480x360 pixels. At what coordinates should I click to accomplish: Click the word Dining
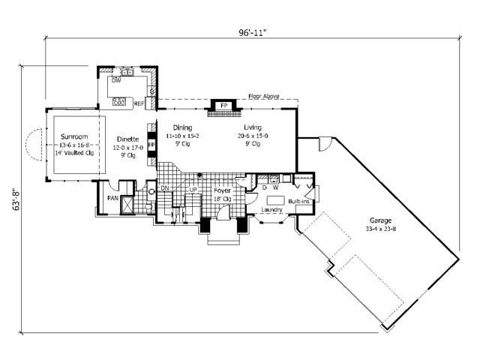point(182,127)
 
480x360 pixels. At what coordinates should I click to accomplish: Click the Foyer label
point(221,191)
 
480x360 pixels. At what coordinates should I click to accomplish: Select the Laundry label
point(271,220)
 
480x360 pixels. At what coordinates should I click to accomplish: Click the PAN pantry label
point(112,198)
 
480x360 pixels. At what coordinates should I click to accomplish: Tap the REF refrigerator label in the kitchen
point(139,103)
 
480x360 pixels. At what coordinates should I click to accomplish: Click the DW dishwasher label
point(116,80)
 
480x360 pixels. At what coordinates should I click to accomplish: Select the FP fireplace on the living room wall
point(223,106)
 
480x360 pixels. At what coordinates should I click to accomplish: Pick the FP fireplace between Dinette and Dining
point(151,144)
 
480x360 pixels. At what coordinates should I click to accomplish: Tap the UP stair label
point(193,190)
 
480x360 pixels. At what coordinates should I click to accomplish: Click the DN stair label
point(164,189)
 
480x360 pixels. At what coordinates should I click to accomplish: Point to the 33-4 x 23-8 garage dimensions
point(379,228)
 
